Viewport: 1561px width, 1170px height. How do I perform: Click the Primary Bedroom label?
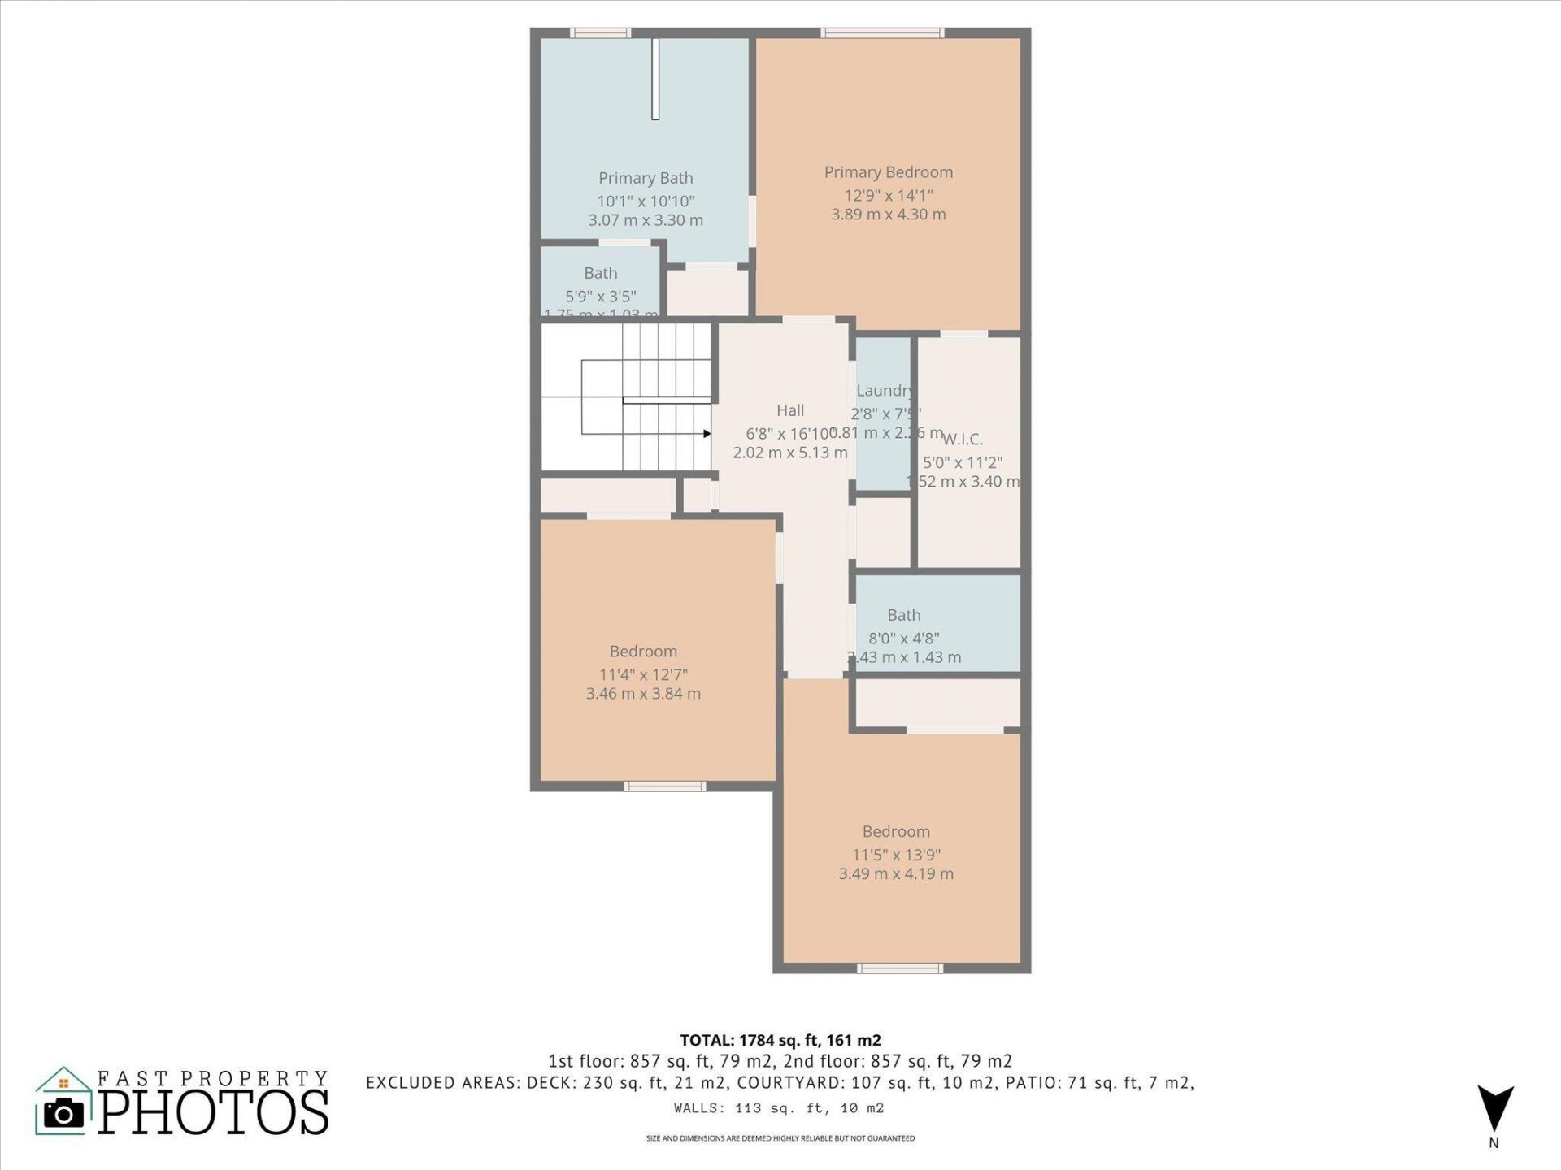coord(888,172)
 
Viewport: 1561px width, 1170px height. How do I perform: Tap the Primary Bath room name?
coord(646,178)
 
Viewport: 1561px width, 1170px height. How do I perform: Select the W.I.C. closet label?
coord(963,440)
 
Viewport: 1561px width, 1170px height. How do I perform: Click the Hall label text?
coord(790,410)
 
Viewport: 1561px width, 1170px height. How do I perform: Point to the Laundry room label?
coord(883,391)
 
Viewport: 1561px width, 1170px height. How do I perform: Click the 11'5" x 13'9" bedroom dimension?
coord(896,855)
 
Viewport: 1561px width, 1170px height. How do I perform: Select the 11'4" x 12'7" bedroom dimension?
coord(643,674)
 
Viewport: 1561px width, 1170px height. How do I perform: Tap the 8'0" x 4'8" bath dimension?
coord(904,639)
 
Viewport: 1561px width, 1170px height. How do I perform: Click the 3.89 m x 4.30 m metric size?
coord(888,214)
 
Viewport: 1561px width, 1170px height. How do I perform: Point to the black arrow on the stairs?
coord(707,434)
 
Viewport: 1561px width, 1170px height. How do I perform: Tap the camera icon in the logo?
coord(63,1113)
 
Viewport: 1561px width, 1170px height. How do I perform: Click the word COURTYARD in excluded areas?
coord(782,1083)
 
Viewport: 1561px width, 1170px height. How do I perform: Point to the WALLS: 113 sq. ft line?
coord(779,1108)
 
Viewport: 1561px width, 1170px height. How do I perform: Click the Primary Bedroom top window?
coord(882,33)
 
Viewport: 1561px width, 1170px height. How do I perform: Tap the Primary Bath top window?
coord(600,33)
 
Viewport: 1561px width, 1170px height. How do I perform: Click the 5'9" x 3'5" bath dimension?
coord(600,297)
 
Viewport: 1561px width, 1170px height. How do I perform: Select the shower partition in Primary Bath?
coord(655,79)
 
